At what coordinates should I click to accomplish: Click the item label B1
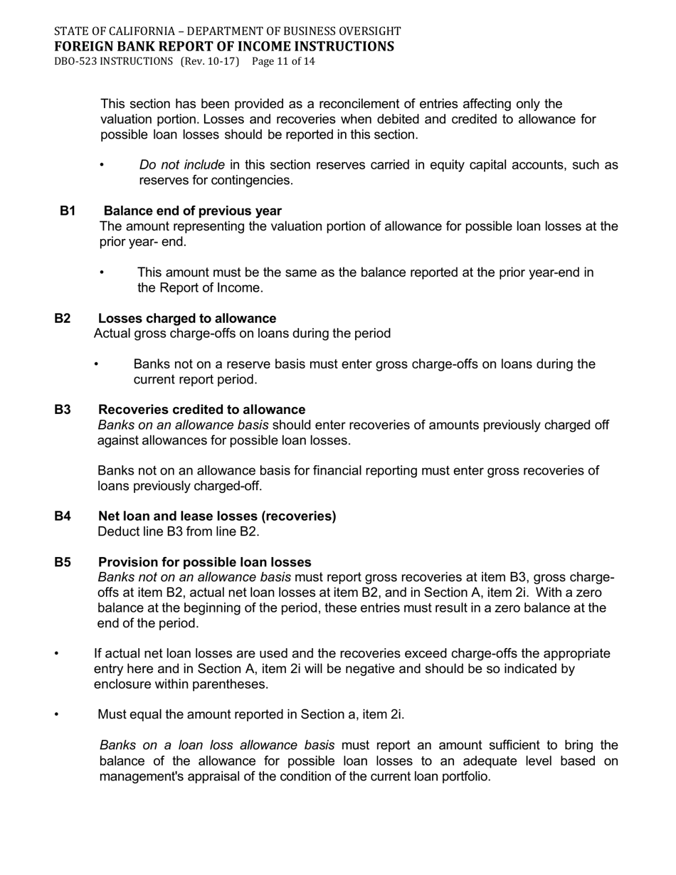(68, 211)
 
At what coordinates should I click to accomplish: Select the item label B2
(63, 319)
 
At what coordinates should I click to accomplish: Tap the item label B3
(63, 410)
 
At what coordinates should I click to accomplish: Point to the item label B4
(63, 516)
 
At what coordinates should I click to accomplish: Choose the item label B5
(63, 562)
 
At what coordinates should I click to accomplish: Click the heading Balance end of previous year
(193, 211)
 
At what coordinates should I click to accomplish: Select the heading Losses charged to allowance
(187, 319)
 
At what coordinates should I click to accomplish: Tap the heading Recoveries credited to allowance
(202, 410)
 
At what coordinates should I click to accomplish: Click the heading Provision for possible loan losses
(205, 562)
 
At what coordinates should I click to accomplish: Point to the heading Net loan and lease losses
(217, 516)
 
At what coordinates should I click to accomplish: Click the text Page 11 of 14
(283, 62)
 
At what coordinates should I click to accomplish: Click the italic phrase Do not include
(182, 165)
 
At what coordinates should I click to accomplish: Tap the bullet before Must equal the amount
(56, 714)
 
